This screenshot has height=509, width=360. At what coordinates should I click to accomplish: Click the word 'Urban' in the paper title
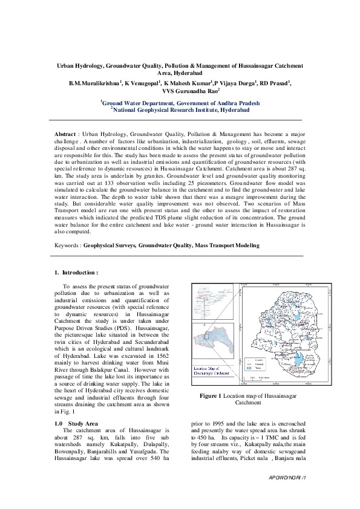(x=67, y=64)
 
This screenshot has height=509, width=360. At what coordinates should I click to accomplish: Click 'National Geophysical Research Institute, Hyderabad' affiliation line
(x=180, y=109)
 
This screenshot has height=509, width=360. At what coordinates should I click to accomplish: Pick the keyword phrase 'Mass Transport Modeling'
(x=227, y=245)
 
